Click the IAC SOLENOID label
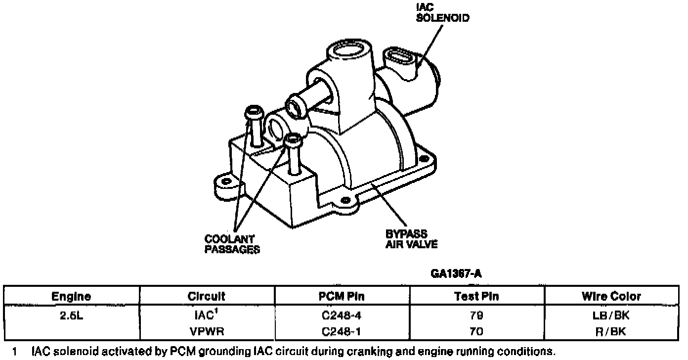click(x=442, y=13)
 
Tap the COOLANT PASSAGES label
click(x=232, y=244)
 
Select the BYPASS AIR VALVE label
click(x=411, y=239)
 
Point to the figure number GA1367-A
click(x=456, y=273)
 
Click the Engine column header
click(x=71, y=296)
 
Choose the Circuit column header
click(x=207, y=296)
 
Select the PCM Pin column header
click(x=342, y=296)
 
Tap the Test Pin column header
click(x=476, y=296)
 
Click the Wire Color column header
click(x=611, y=296)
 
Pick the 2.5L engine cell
click(x=71, y=315)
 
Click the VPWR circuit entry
click(x=207, y=331)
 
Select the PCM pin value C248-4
click(x=342, y=315)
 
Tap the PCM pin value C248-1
click(x=342, y=331)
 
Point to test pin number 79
click(x=476, y=315)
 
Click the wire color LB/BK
click(x=611, y=315)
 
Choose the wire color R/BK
click(x=611, y=331)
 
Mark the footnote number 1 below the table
click(x=14, y=352)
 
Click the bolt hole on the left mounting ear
click(x=226, y=181)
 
